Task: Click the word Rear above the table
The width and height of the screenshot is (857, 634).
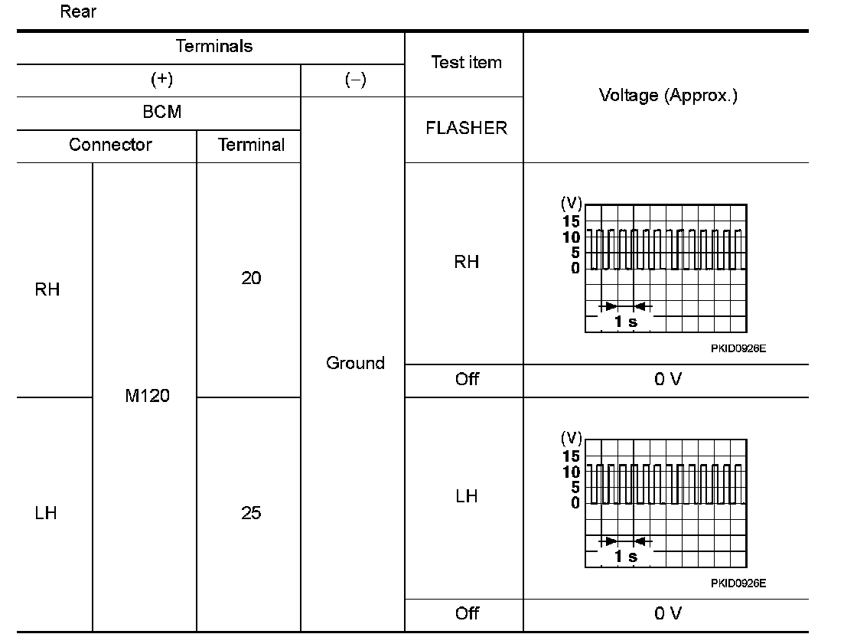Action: pyautogui.click(x=78, y=12)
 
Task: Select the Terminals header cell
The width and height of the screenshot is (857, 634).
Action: pyautogui.click(x=214, y=46)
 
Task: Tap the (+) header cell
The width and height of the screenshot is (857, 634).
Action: pyautogui.click(x=163, y=80)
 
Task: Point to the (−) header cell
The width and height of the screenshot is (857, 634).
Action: pyautogui.click(x=354, y=80)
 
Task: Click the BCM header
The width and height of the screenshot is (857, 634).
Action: pyautogui.click(x=162, y=112)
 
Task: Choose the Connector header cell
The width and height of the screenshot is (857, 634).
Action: pyautogui.click(x=110, y=145)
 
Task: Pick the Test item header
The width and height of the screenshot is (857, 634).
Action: pyautogui.click(x=466, y=63)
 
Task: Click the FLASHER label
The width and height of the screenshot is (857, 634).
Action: pyautogui.click(x=466, y=129)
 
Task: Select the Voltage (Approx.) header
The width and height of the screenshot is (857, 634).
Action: pyautogui.click(x=668, y=96)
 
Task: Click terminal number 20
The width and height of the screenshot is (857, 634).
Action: pyautogui.click(x=251, y=279)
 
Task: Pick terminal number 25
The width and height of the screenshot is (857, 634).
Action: pyautogui.click(x=251, y=513)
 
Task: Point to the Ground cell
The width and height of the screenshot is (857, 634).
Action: pyautogui.click(x=355, y=363)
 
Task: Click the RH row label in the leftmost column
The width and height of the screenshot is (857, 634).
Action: pyautogui.click(x=47, y=290)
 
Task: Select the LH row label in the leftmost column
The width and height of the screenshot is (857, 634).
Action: pyautogui.click(x=46, y=513)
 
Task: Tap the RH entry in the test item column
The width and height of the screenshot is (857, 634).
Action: pyautogui.click(x=467, y=262)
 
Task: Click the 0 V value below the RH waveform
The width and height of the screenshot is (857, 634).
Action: pyautogui.click(x=667, y=380)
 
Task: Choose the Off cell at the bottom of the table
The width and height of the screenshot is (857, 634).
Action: pyautogui.click(x=467, y=613)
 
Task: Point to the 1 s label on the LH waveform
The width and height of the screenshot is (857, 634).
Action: pyautogui.click(x=626, y=557)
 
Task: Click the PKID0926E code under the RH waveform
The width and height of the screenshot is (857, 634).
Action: pyautogui.click(x=738, y=348)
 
